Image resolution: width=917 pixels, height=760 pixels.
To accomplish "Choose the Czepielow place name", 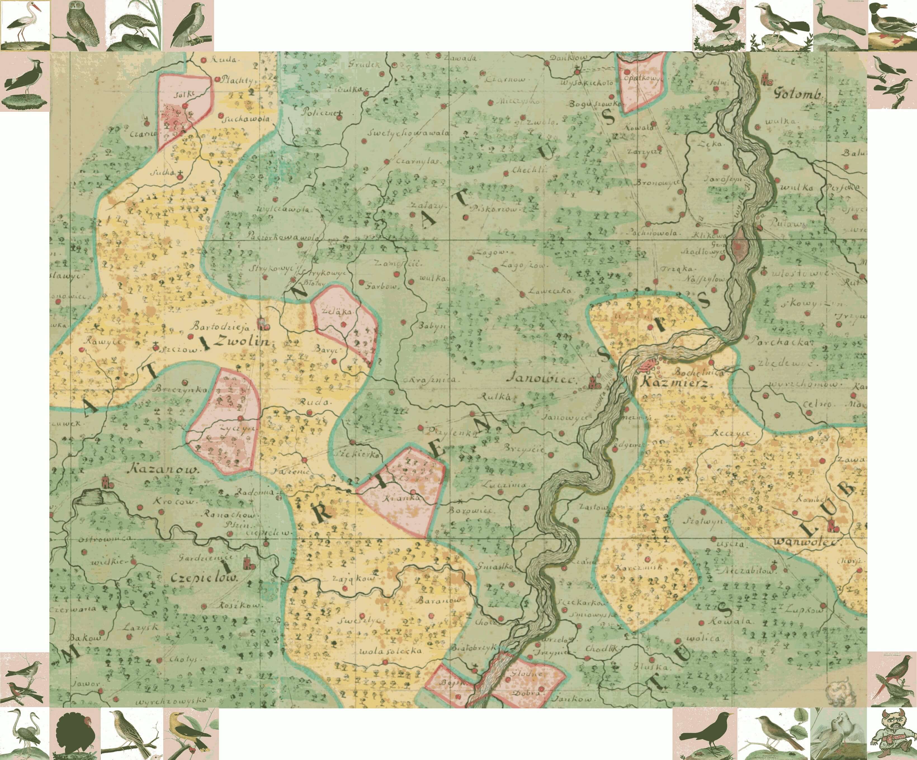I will (205, 578).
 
